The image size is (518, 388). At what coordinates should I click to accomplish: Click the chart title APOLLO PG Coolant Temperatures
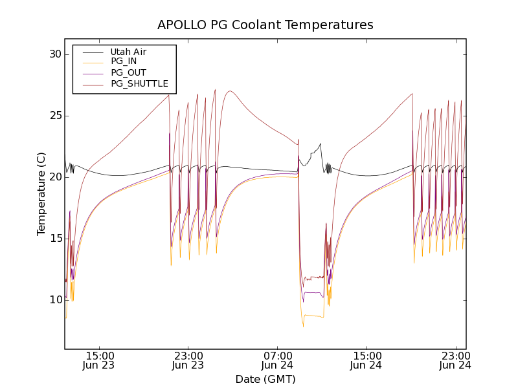pyautogui.click(x=265, y=25)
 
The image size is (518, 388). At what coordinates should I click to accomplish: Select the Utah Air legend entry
pyautogui.click(x=128, y=52)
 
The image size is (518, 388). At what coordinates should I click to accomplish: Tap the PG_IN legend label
pyautogui.click(x=124, y=61)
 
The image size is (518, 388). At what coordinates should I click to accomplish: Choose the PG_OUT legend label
pyautogui.click(x=128, y=72)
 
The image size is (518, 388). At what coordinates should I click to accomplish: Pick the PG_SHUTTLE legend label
pyautogui.click(x=139, y=83)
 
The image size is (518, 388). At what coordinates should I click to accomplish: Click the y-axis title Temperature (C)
pyautogui.click(x=41, y=194)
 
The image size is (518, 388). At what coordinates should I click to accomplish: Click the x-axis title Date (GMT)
pyautogui.click(x=265, y=379)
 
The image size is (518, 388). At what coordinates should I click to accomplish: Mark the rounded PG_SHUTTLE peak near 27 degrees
pyautogui.click(x=230, y=91)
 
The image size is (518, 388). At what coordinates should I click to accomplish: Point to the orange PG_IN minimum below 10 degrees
pyautogui.click(x=303, y=325)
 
